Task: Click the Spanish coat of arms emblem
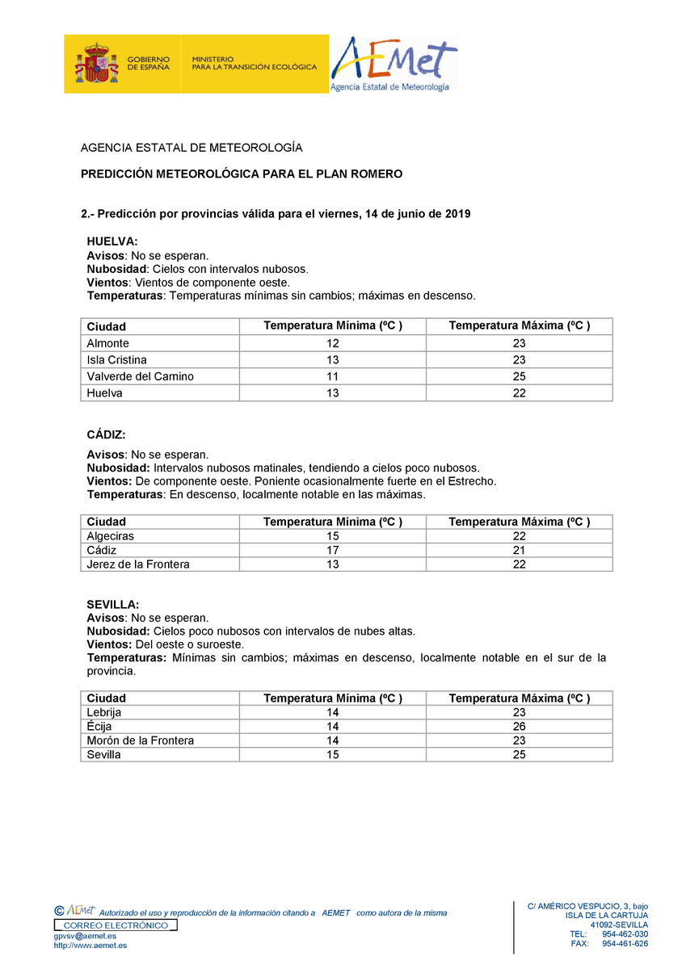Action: coord(97,63)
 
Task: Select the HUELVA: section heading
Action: coord(112,241)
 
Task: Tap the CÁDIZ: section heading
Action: coord(107,435)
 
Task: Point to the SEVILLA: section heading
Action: coord(113,604)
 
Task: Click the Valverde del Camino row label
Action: coord(141,376)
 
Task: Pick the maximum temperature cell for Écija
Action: coord(519,727)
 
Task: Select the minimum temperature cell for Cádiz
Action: coord(333,550)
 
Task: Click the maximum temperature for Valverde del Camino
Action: coord(519,376)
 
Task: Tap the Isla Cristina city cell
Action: coord(116,360)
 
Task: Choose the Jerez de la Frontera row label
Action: coord(138,564)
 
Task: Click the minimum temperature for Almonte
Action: coord(333,343)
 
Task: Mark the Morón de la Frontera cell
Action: coord(141,740)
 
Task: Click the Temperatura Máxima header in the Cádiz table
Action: coord(519,522)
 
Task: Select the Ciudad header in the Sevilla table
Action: coord(107,698)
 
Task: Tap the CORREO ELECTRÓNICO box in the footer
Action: coord(116,925)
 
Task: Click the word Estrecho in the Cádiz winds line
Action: coord(472,481)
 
